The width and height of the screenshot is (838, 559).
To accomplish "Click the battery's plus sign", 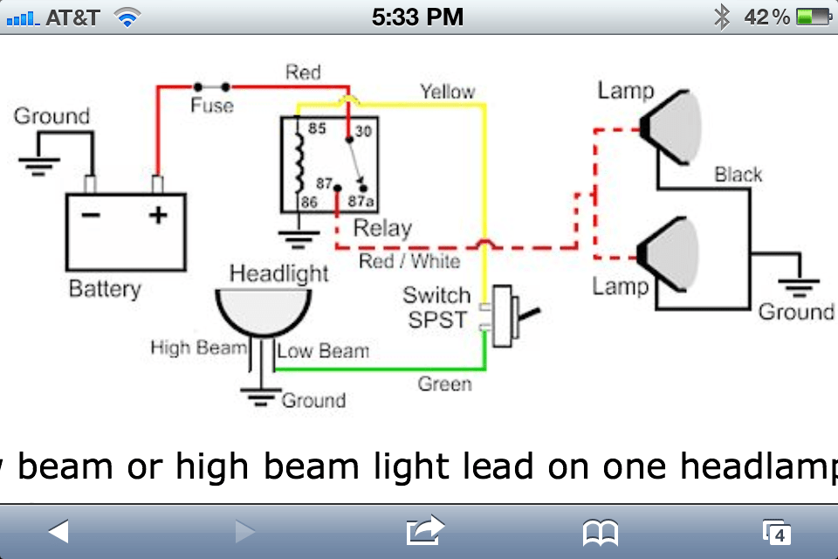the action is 158,215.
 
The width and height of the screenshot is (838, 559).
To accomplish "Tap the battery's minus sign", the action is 91,215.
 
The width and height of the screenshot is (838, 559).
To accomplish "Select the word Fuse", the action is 212,106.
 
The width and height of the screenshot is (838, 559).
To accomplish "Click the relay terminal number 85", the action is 317,128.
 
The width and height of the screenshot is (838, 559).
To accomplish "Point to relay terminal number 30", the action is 363,131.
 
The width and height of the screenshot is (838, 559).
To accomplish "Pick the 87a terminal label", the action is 361,202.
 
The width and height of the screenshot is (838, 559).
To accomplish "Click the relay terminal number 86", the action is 309,203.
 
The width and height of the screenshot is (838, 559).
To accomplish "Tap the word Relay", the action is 382,229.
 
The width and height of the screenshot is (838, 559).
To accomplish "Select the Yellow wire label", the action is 447,92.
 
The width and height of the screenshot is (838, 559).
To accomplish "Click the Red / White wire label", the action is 409,261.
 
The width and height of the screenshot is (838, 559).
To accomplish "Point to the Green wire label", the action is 444,384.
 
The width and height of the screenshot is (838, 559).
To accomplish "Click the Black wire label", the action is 738,175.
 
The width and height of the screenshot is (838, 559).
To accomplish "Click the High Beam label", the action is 198,348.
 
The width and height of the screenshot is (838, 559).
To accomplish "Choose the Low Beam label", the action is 323,351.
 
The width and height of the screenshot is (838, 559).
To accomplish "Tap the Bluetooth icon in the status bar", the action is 722,17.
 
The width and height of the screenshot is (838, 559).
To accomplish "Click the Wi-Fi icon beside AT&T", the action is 127,18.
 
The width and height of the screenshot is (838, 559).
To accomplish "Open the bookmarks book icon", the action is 601,532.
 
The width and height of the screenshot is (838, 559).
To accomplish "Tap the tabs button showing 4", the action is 777,533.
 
